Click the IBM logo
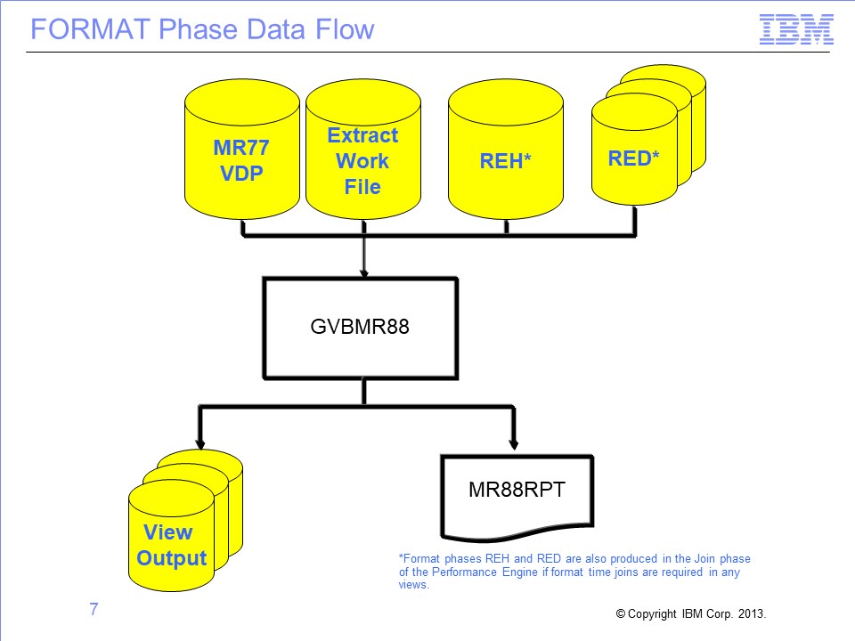point(796,29)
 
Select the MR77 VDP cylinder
point(242,149)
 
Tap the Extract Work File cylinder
point(363,149)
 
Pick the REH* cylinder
point(506,149)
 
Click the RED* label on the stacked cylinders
point(633,158)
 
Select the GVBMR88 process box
point(361,328)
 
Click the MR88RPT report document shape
point(517,497)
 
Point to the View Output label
point(171,545)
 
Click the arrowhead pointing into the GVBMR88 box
point(363,272)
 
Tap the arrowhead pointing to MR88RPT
point(513,443)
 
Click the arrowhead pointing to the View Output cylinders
point(200,443)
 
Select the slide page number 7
point(94,609)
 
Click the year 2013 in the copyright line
point(752,613)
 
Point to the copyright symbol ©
point(621,613)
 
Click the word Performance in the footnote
point(464,572)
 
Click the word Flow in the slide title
point(346,29)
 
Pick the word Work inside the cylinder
point(362,161)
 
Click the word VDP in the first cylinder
point(241,174)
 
